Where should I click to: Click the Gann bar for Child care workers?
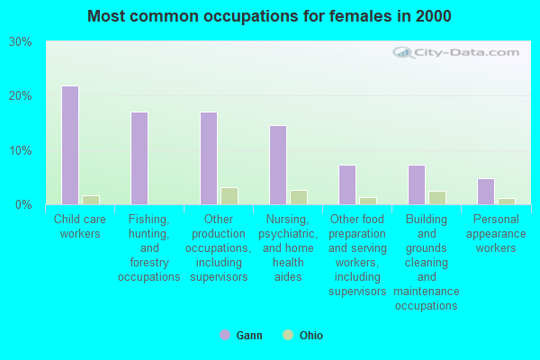[x=69, y=145]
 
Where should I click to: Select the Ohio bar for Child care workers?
[x=91, y=200]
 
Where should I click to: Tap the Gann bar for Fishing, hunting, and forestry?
[x=139, y=158]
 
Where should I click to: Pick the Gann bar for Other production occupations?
[x=209, y=158]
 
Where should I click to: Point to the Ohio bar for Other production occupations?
[x=229, y=196]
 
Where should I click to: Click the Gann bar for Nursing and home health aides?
[x=278, y=165]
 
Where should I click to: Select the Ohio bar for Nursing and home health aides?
[x=299, y=197]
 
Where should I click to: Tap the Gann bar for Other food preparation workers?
[x=347, y=184]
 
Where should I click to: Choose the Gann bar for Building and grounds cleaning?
[x=417, y=184]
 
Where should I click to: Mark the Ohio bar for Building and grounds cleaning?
[x=437, y=198]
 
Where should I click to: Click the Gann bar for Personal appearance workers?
[x=486, y=191]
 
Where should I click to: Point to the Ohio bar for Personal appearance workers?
[x=507, y=201]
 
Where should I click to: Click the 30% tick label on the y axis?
[x=20, y=41]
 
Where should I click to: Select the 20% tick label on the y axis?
[x=20, y=96]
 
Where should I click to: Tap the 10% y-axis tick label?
[x=20, y=150]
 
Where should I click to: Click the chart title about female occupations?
[x=270, y=16]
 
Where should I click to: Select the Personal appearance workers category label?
[x=496, y=233]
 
